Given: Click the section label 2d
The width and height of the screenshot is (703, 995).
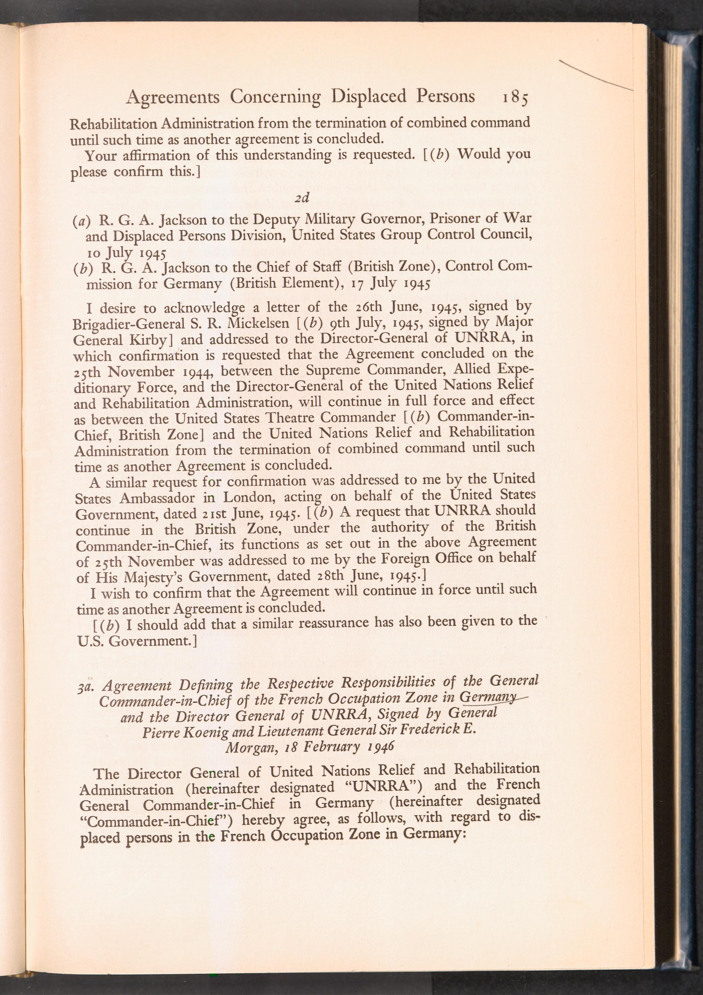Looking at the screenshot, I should (302, 198).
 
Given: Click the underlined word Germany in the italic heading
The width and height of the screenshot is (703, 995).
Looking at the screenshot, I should (487, 699).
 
